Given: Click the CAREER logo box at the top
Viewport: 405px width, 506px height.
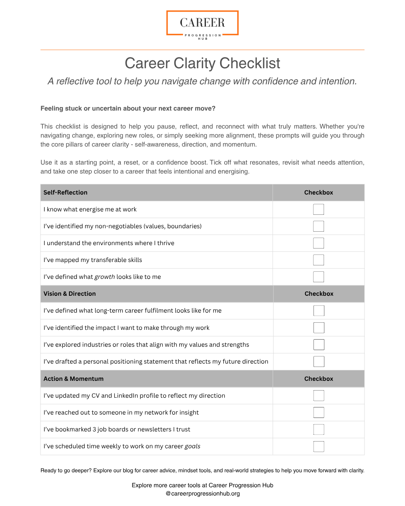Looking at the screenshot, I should [x=202, y=23].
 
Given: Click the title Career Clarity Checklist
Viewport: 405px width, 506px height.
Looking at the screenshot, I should [x=202, y=63].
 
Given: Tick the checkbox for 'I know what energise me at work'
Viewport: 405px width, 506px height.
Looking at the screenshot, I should [x=318, y=210].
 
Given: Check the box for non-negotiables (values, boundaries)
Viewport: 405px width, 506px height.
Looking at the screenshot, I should [x=318, y=226].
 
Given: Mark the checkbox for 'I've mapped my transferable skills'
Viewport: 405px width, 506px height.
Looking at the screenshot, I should [x=318, y=260].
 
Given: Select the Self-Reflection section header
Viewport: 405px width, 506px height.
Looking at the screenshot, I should [x=65, y=193].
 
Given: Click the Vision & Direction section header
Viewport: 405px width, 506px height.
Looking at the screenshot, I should [x=69, y=294].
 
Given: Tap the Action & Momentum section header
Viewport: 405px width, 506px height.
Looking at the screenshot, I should [x=73, y=379].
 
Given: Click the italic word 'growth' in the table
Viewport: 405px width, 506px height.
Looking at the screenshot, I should [x=105, y=277].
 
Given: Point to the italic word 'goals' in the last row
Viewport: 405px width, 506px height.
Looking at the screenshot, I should [x=192, y=446].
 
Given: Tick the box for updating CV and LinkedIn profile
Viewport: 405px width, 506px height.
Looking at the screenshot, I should [x=319, y=396].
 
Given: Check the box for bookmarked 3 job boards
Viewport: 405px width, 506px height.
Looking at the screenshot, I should [x=319, y=430].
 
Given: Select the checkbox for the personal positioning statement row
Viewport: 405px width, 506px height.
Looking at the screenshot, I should [x=319, y=362].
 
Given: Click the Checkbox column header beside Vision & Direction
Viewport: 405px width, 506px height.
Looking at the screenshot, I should [x=319, y=294].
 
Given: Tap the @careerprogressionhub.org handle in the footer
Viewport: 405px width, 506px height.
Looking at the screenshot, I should [x=202, y=494].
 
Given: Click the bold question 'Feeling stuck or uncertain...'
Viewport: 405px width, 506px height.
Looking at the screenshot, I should [x=128, y=109].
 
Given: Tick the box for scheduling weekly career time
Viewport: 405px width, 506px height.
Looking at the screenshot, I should [x=319, y=446].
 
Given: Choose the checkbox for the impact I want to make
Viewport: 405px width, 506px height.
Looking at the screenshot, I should [x=319, y=328].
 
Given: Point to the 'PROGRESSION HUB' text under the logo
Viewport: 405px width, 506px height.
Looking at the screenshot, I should [x=202, y=37].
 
